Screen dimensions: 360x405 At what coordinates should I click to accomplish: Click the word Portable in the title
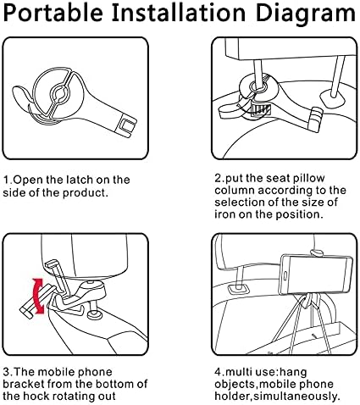tap(53, 13)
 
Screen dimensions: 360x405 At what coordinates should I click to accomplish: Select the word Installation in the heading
tap(179, 13)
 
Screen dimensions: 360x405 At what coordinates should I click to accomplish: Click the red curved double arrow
tap(38, 296)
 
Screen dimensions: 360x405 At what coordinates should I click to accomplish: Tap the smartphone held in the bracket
tap(316, 275)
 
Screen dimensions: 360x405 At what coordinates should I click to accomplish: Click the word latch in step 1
tap(80, 180)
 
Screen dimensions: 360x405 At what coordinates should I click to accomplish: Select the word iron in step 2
tap(224, 214)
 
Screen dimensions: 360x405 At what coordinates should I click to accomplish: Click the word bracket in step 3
tap(24, 384)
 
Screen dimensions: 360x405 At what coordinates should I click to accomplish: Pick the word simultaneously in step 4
tap(296, 397)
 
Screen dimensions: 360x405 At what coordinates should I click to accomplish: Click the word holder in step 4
tap(232, 397)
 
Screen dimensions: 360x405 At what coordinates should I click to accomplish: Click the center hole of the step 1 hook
tap(59, 95)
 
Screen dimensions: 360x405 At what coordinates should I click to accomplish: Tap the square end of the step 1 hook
tap(126, 126)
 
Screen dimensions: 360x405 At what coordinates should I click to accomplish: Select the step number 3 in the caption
tap(6, 372)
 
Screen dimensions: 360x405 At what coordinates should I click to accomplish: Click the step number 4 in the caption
tap(219, 372)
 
